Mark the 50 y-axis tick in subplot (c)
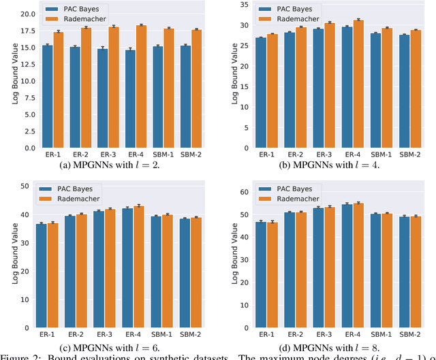coord(25,186)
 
